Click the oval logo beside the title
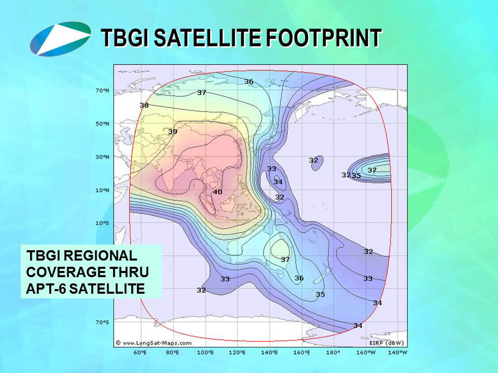[60, 39]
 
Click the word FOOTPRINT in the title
[324, 38]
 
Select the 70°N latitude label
[102, 91]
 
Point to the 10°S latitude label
[102, 223]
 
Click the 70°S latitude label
[102, 322]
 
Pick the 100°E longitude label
[206, 352]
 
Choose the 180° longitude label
[333, 352]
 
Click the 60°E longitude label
[140, 352]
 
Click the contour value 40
[217, 192]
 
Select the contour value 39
[172, 132]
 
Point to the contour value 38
[144, 105]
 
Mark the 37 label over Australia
[285, 260]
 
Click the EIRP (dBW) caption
[386, 343]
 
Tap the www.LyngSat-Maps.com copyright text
[154, 343]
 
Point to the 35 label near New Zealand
[320, 294]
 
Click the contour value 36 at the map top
[248, 81]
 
